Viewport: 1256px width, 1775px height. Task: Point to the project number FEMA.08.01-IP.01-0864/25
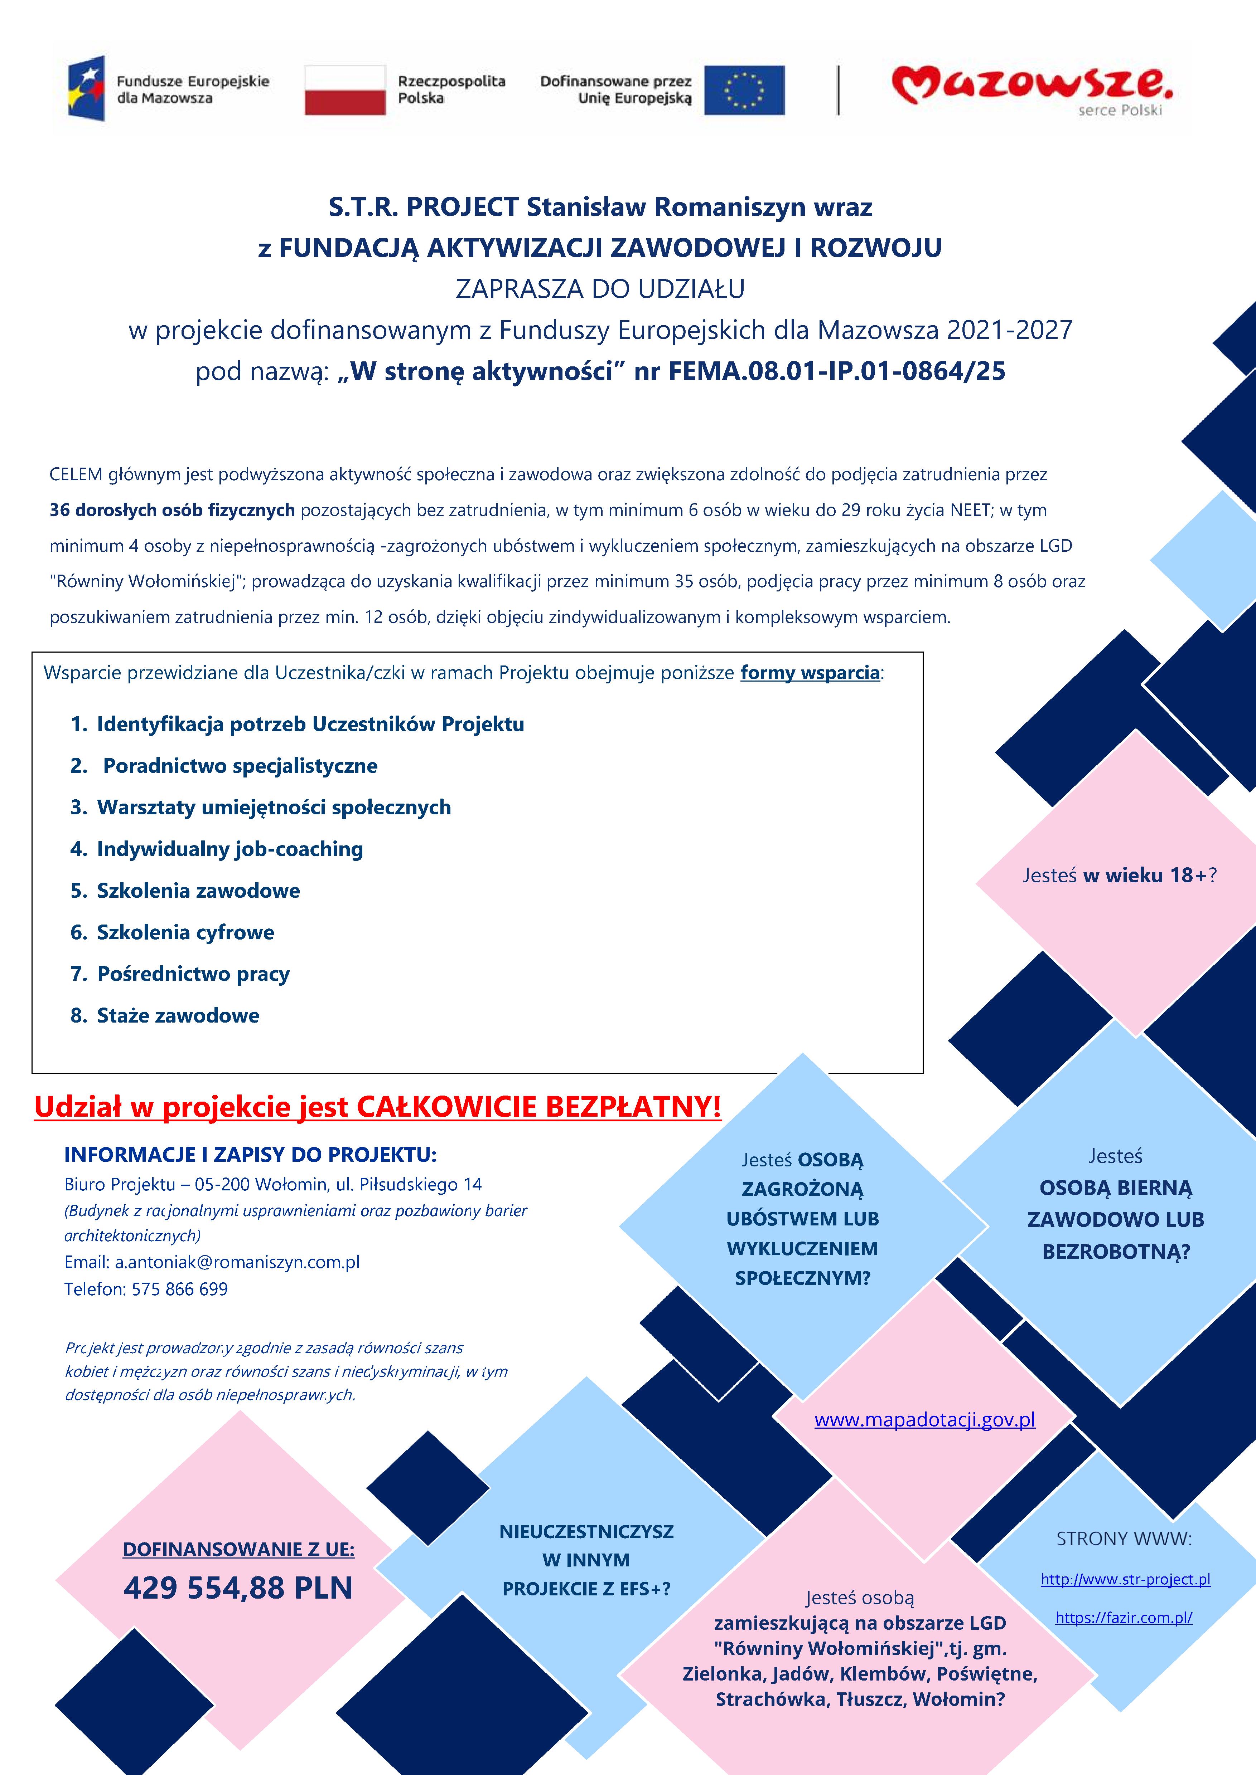click(x=837, y=371)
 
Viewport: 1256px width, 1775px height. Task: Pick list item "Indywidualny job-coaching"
click(x=230, y=849)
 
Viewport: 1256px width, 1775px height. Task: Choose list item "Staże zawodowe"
click(x=178, y=1016)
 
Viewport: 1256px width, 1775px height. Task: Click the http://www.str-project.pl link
click(x=1125, y=1579)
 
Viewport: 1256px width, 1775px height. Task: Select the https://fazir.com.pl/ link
click(x=1124, y=1617)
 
